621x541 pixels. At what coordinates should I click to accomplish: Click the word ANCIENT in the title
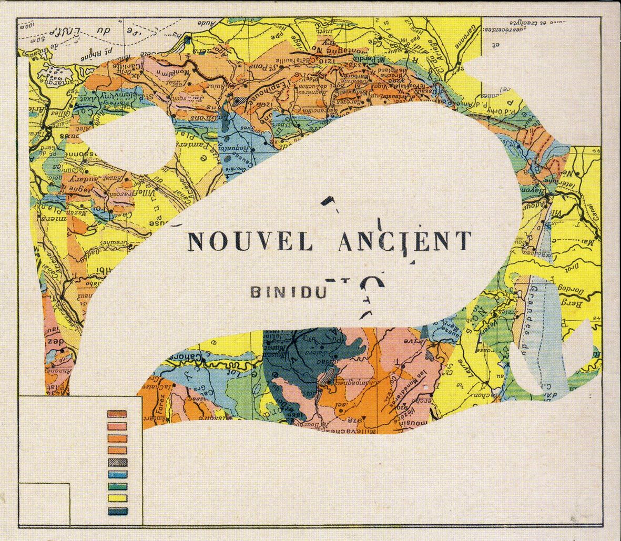tap(403, 240)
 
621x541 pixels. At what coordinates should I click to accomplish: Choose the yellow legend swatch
tap(117, 498)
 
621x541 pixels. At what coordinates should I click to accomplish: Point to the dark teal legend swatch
tap(117, 511)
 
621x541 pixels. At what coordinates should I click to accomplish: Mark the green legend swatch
tap(117, 487)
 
